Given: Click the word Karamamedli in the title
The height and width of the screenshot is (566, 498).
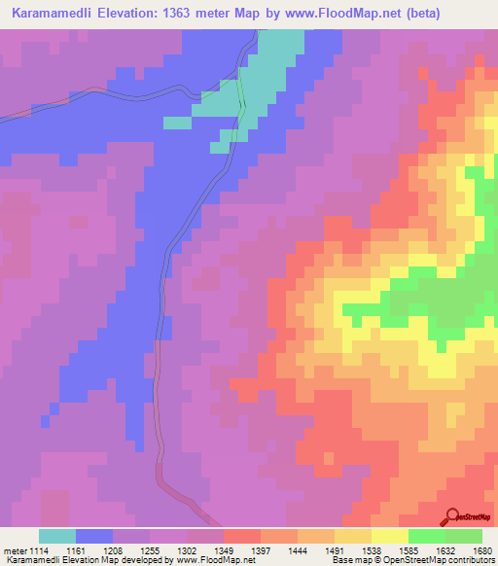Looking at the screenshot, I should coord(48,14).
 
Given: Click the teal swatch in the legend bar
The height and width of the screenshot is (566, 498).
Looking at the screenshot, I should coord(57,537).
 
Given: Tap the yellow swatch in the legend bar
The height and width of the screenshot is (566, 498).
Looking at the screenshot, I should coord(390,537).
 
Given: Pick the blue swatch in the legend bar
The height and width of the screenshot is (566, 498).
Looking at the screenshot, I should coord(94,537).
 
